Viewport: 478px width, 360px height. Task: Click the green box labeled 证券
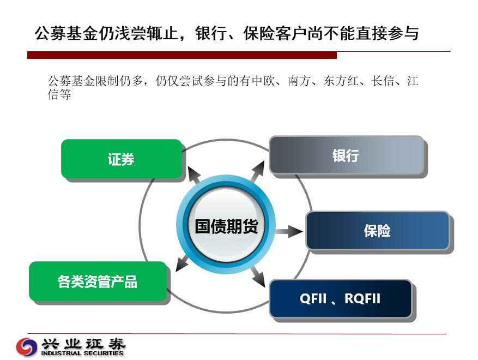pyautogui.click(x=122, y=159)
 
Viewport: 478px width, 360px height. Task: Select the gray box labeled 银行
pyautogui.click(x=347, y=155)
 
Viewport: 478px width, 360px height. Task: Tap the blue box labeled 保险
pyautogui.click(x=377, y=230)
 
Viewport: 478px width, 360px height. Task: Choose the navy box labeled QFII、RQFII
pyautogui.click(x=341, y=298)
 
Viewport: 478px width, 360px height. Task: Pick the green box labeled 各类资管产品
pyautogui.click(x=98, y=281)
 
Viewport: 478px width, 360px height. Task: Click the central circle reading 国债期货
pyautogui.click(x=226, y=224)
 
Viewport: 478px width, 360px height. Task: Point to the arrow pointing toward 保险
pyautogui.click(x=288, y=232)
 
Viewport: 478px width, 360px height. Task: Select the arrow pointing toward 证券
pyautogui.click(x=194, y=175)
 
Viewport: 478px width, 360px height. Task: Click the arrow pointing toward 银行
pyautogui.click(x=258, y=171)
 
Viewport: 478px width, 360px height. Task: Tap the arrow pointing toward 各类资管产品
pyautogui.click(x=183, y=263)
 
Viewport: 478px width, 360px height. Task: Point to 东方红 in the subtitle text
pyautogui.click(x=341, y=81)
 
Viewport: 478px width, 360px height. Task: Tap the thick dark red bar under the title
pyautogui.click(x=182, y=55)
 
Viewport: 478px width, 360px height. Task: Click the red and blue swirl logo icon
pyautogui.click(x=27, y=346)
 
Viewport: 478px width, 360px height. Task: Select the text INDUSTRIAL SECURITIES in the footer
pyautogui.click(x=82, y=353)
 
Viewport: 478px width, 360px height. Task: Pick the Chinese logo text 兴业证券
pyautogui.click(x=83, y=344)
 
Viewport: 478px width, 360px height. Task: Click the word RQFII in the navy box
pyautogui.click(x=362, y=298)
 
